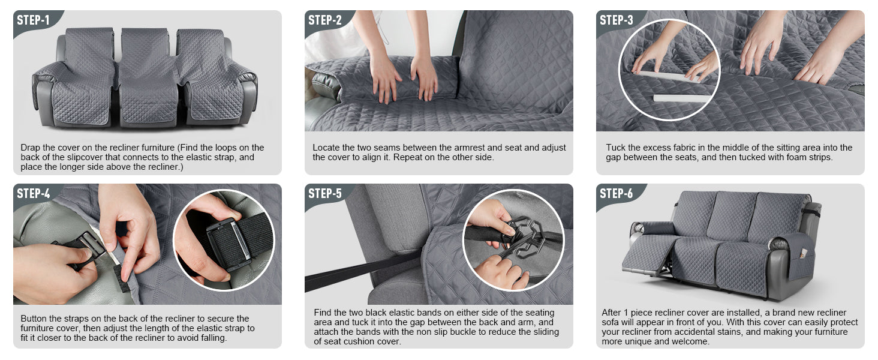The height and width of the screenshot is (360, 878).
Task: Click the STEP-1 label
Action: click(34, 20)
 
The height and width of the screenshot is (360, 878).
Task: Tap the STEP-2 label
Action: click(325, 20)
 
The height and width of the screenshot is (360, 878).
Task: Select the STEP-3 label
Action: click(616, 20)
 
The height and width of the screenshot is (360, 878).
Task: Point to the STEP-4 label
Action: click(34, 193)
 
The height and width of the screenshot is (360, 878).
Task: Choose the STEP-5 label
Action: click(325, 193)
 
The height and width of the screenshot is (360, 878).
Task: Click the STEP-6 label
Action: click(616, 193)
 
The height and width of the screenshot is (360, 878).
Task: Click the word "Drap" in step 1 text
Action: click(30, 148)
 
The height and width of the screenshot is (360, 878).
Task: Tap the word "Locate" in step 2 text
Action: click(325, 148)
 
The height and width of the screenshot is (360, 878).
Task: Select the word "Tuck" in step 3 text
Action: click(615, 148)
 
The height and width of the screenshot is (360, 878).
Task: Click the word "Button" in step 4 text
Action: click(34, 319)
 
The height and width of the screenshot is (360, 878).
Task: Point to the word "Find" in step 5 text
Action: click(322, 313)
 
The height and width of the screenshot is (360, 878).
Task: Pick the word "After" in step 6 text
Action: click(612, 313)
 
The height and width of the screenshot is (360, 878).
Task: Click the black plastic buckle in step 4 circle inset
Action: click(228, 245)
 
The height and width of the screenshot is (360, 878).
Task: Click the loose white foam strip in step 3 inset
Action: click(682, 98)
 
